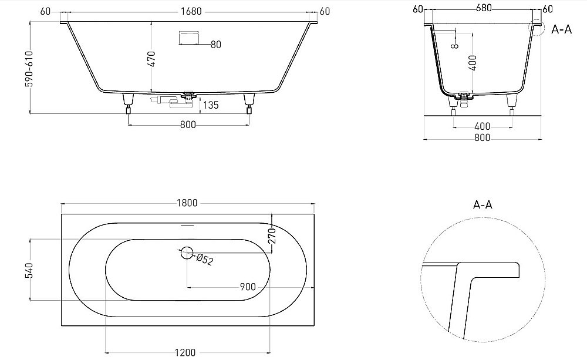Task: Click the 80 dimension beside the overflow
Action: pos(215,45)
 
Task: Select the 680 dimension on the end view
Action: pos(484,8)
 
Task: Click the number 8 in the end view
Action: pos(454,46)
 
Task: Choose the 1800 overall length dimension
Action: pos(187,203)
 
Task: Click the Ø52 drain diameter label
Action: pos(204,259)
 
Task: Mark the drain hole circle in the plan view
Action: pos(187,253)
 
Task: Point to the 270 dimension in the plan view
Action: pos(272,237)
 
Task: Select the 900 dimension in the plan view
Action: pos(248,287)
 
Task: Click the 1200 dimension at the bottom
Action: pos(185,352)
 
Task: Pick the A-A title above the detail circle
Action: pos(482,205)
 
